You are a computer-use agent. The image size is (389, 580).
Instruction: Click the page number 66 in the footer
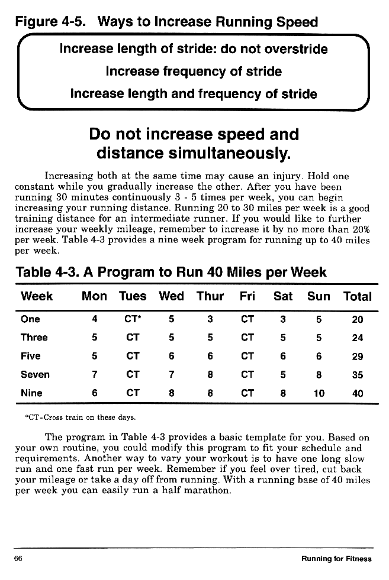point(18,559)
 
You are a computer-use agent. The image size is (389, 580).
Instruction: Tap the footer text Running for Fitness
point(336,559)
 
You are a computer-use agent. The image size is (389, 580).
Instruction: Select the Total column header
point(357,297)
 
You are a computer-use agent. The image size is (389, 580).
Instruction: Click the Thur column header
point(210,297)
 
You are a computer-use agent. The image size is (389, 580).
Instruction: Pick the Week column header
point(37,297)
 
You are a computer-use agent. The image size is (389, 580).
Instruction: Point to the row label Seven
point(35,374)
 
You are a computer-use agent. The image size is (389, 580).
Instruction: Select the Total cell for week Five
point(357,356)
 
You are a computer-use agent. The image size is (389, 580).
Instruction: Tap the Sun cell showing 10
point(319,393)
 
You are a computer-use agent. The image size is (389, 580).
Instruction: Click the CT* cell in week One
point(133,319)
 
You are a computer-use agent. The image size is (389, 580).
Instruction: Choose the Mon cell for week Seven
point(95,374)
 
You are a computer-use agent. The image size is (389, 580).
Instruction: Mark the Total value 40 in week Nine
point(357,393)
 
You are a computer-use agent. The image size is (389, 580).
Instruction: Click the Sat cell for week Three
point(283,338)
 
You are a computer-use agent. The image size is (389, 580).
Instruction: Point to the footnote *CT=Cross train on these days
point(81,417)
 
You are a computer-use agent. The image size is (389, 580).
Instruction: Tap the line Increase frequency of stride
point(194,72)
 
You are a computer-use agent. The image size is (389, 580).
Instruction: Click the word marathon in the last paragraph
point(207,491)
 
